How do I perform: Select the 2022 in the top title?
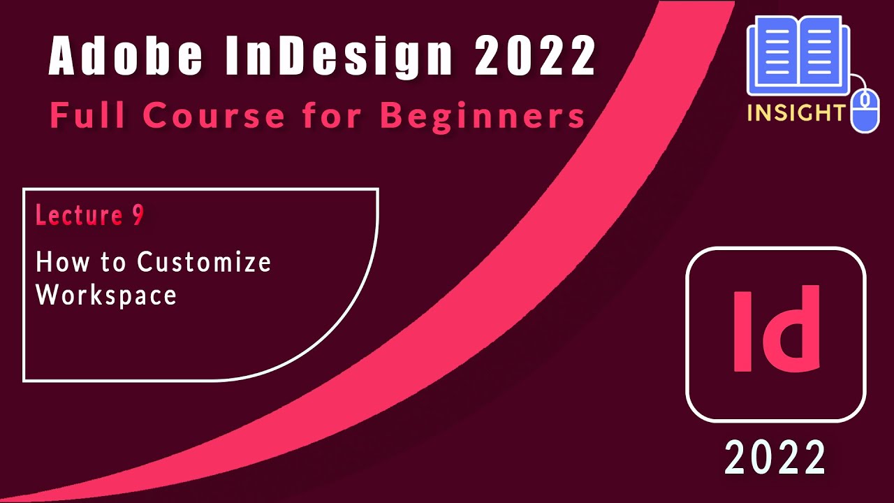pos(535,56)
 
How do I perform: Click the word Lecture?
pos(78,216)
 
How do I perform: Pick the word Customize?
pos(204,262)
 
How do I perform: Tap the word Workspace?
pos(106,294)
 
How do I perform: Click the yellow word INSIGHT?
pos(796,112)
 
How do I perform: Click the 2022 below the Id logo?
pos(775,458)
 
